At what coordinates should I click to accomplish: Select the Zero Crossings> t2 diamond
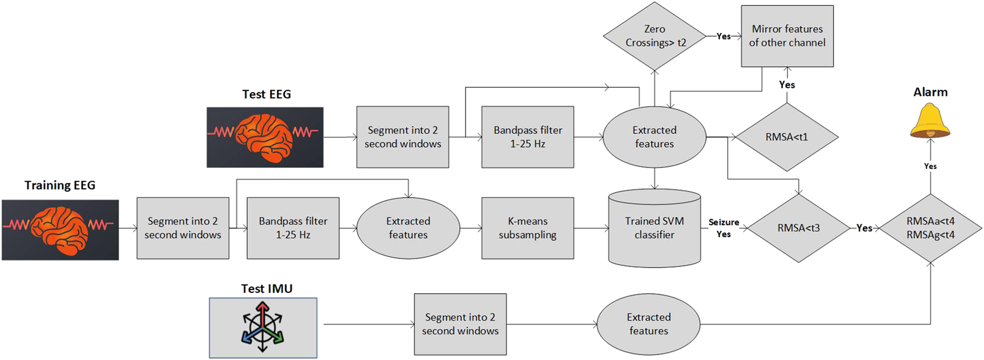pos(655,36)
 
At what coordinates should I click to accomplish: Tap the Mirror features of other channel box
pos(787,36)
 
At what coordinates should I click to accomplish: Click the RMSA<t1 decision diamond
pos(787,137)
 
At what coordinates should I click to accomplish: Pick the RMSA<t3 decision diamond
pos(799,228)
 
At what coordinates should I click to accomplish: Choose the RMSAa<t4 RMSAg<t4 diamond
pos(930,228)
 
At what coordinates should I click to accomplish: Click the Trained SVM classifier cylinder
pos(655,228)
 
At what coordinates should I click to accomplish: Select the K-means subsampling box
pos(528,228)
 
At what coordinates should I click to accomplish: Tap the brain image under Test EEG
pos(265,137)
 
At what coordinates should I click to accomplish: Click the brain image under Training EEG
pos(60,229)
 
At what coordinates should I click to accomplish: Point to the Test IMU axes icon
pos(263,327)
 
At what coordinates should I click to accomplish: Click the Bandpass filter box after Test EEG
pos(528,137)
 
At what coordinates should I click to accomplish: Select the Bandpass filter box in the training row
pos(293,228)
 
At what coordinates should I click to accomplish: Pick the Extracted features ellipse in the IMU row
pos(649,324)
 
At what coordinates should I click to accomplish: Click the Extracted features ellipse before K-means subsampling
pos(408,228)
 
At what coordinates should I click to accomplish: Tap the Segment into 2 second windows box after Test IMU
pos(460,324)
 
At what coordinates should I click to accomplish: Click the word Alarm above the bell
pos(930,92)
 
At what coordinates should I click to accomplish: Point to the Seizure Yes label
pos(724,228)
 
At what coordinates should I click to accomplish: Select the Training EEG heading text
pos(60,185)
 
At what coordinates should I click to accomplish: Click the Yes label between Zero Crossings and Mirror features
pos(723,36)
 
